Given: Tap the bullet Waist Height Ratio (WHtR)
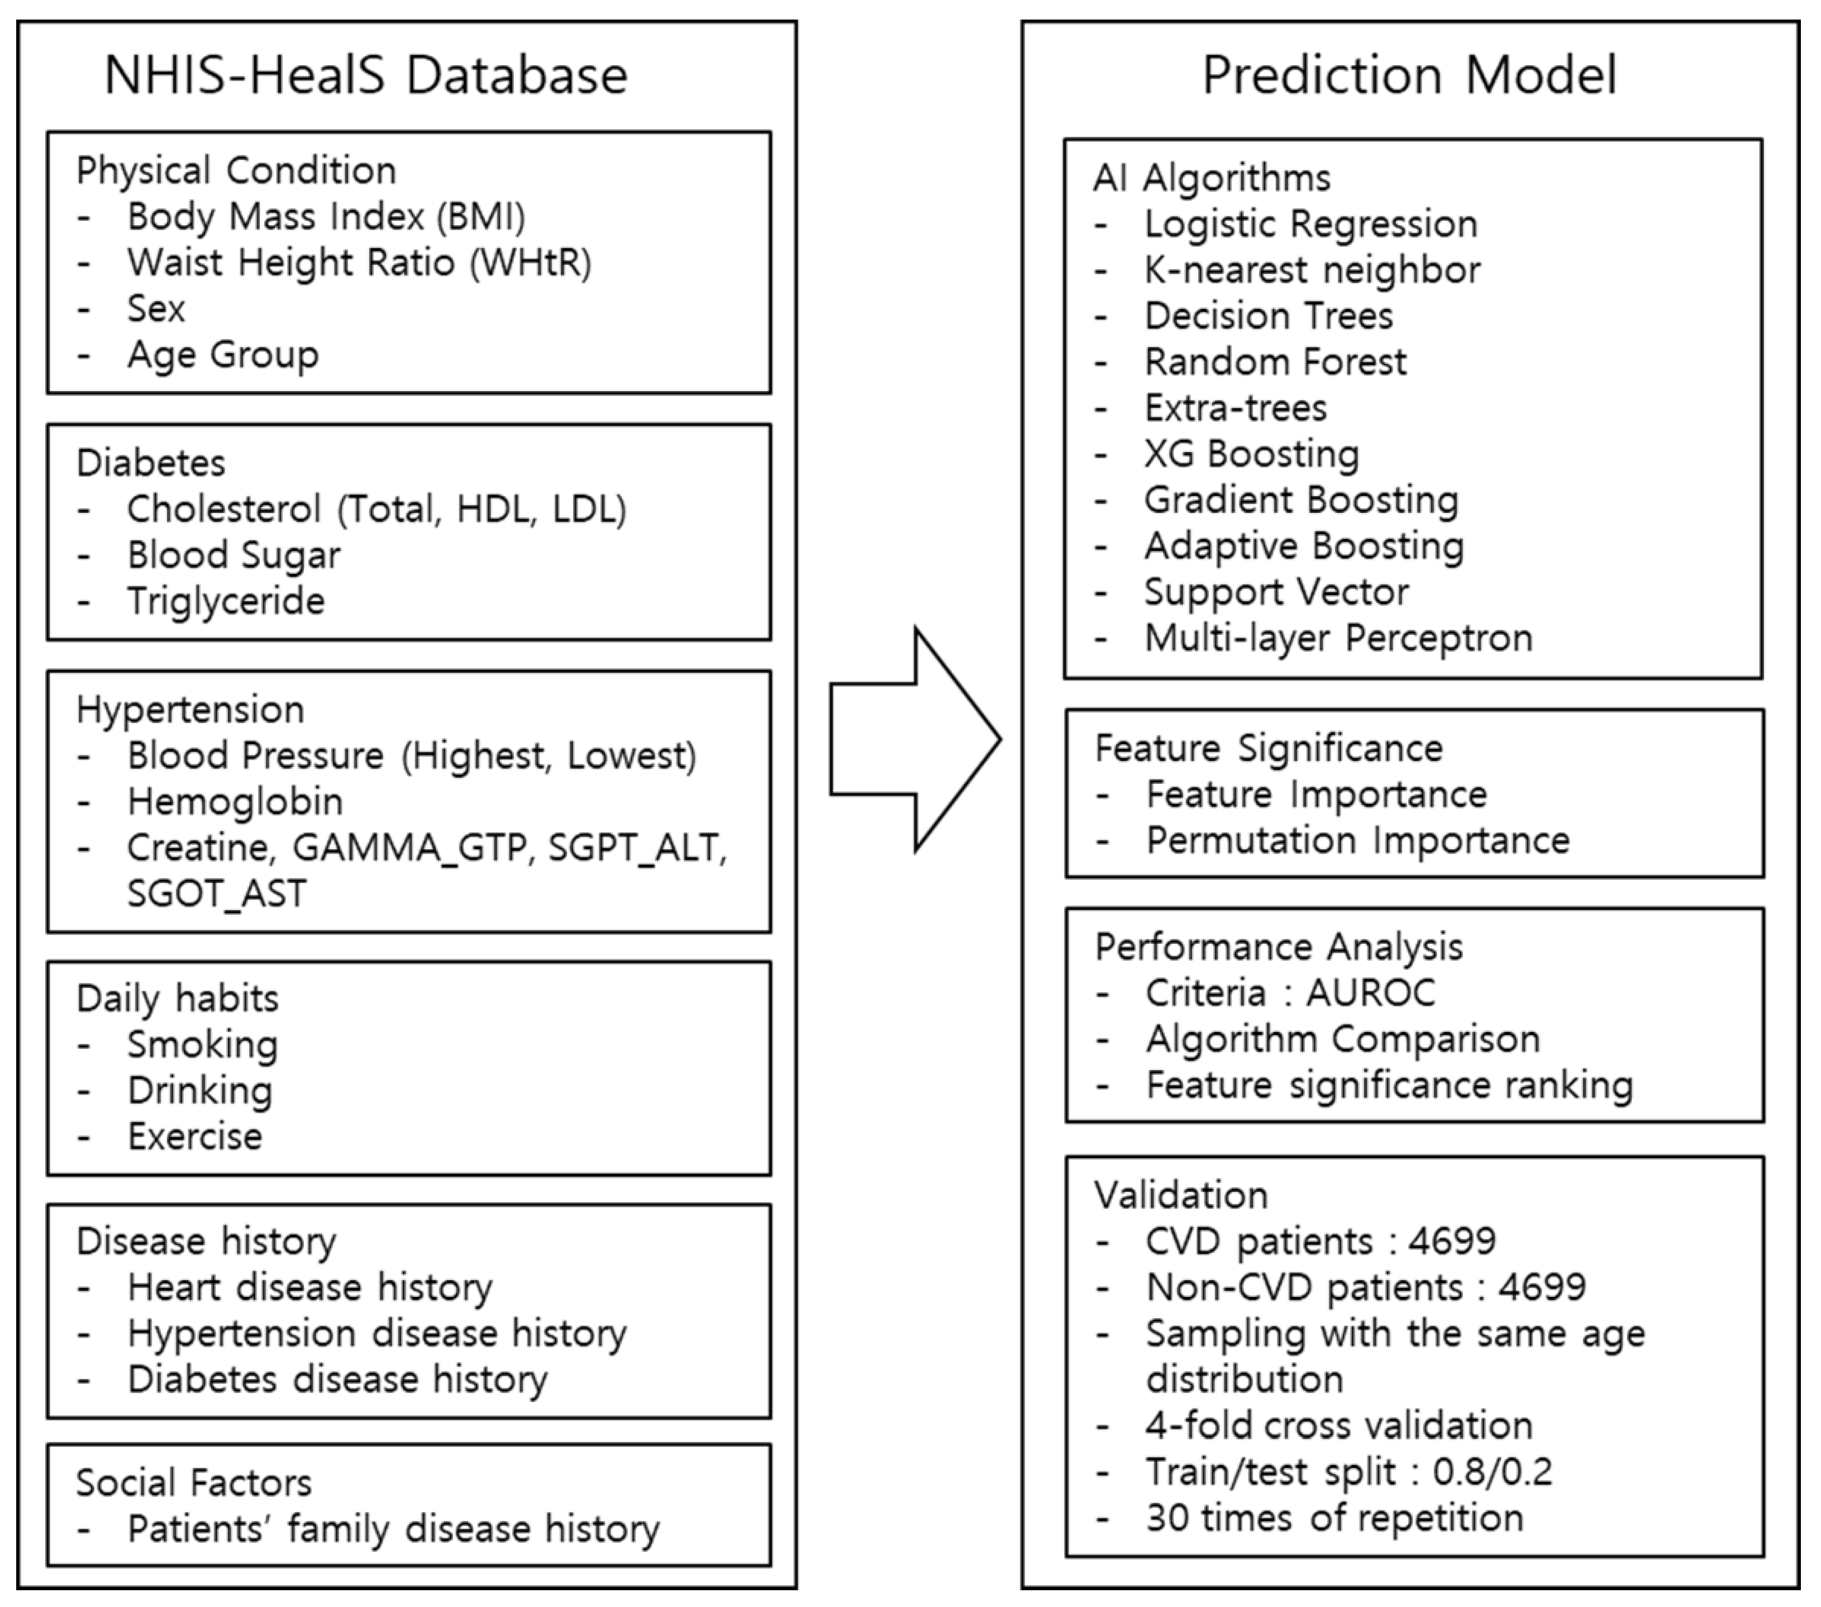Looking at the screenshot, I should (359, 263).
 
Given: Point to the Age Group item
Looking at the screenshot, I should (223, 355).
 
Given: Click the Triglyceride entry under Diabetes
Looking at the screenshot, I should (226, 601).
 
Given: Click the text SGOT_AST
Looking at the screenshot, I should (217, 893).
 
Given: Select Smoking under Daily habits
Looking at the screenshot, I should (202, 1044).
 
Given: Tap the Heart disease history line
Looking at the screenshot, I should (309, 1287).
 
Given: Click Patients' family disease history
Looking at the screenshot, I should (393, 1529).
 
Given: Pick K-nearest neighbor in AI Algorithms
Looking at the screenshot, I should (1312, 270).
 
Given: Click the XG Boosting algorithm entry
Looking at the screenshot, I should (1252, 454).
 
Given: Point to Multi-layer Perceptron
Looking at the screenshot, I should (1338, 638).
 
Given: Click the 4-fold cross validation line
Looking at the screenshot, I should (1338, 1425).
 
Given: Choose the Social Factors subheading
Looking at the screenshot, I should (194, 1483).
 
